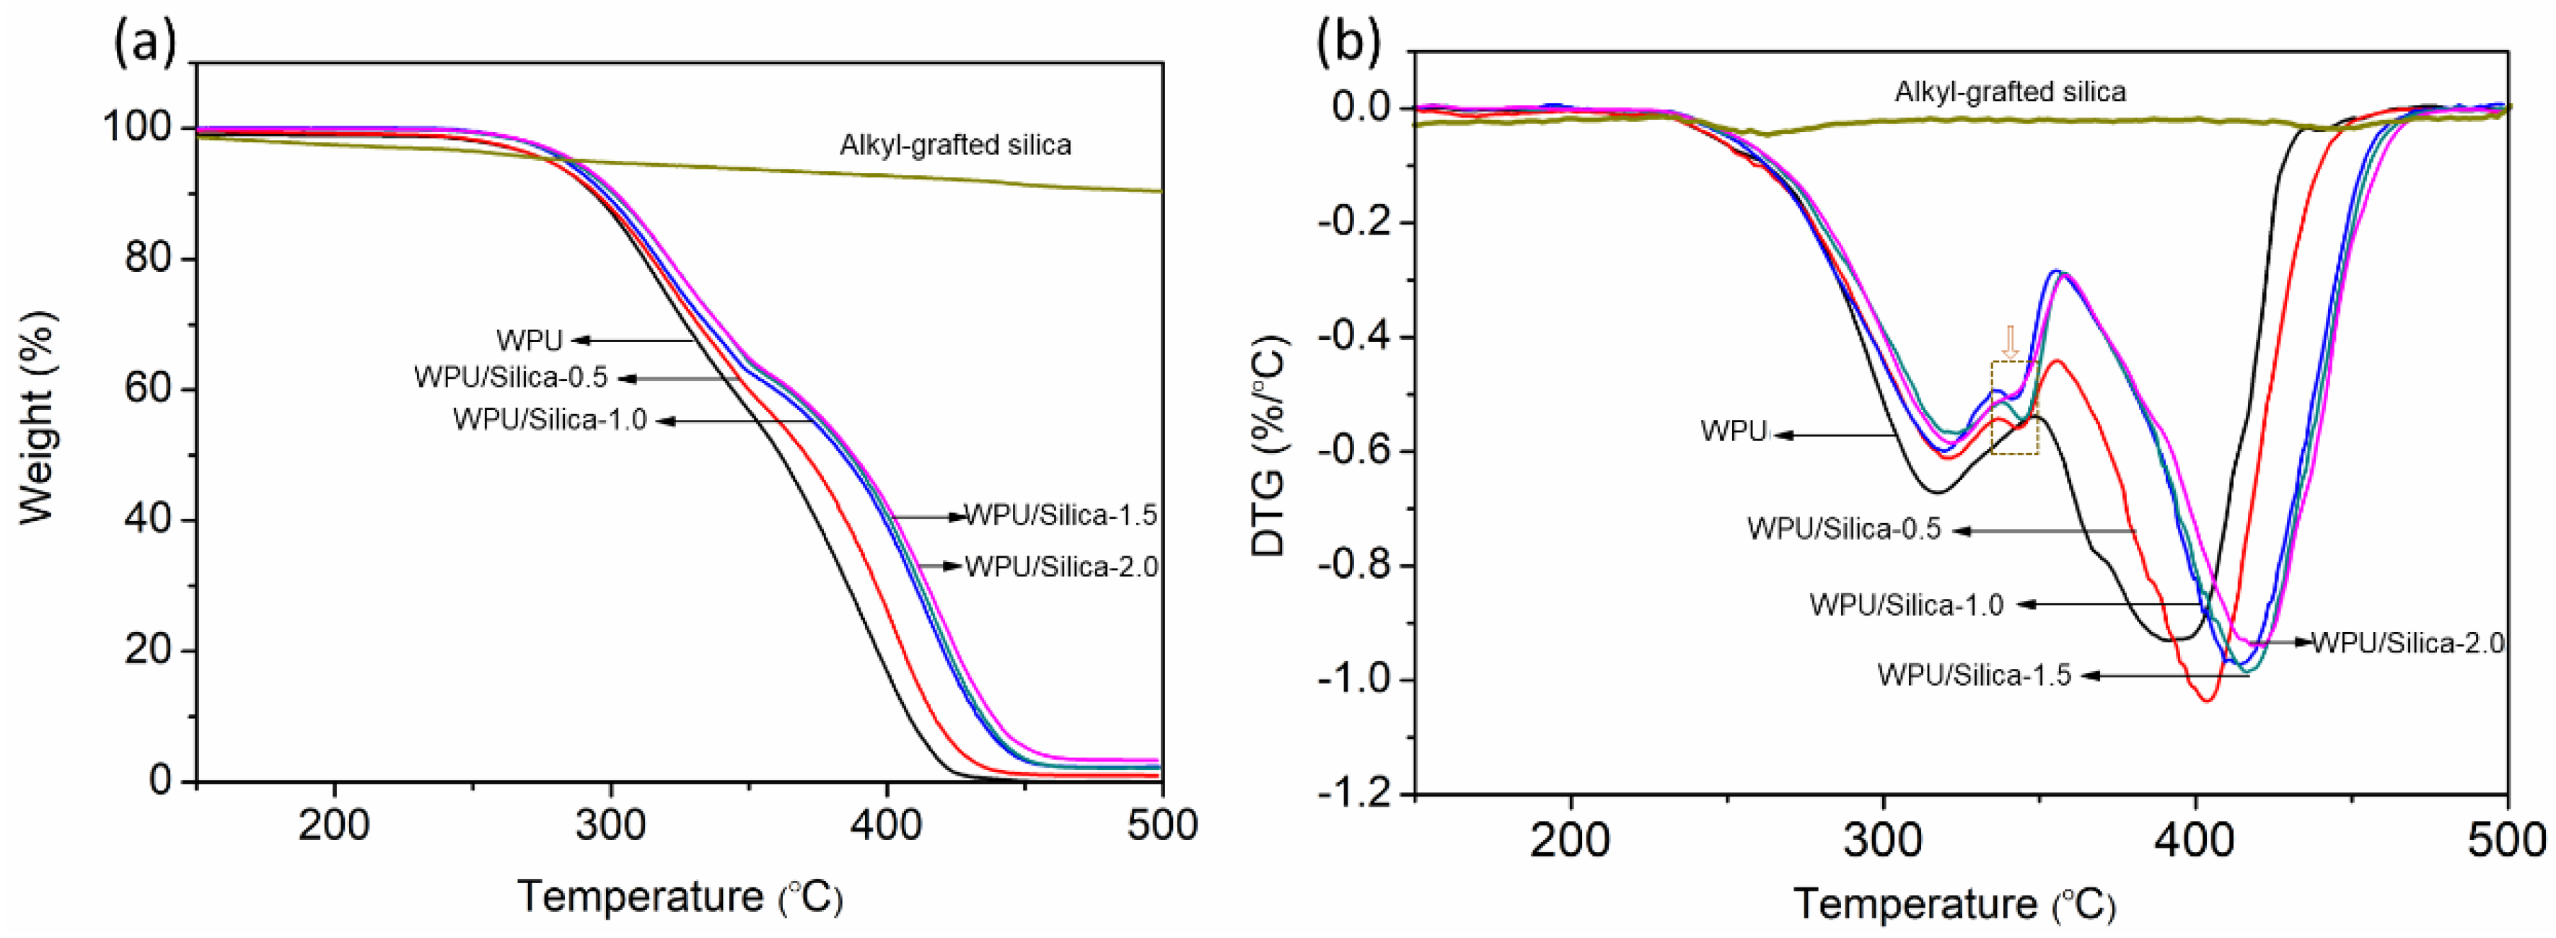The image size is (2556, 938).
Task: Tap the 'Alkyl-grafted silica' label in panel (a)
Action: [x=954, y=145]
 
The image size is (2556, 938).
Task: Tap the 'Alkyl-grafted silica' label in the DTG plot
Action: [x=2009, y=92]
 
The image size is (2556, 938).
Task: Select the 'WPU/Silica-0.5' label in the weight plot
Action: [x=510, y=378]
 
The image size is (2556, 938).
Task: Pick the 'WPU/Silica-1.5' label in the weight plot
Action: [x=1060, y=515]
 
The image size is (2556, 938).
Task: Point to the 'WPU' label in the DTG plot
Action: [x=1732, y=431]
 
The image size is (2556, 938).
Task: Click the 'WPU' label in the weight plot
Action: [x=529, y=341]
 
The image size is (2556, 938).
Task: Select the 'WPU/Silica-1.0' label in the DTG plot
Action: [x=1905, y=605]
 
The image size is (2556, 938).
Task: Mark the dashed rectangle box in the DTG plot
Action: [x=2014, y=408]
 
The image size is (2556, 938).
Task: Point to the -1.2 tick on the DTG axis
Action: [x=1356, y=794]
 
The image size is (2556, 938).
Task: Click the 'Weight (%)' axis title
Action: [x=37, y=417]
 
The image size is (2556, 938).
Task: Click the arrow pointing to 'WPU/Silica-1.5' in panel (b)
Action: [x=2163, y=676]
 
